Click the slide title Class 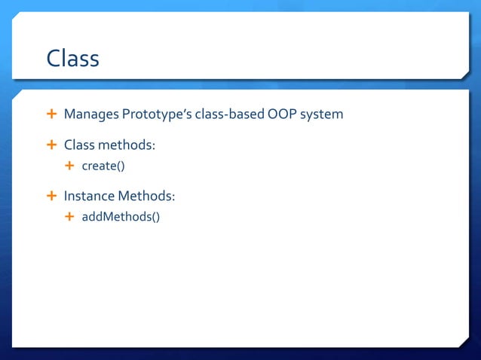click(72, 58)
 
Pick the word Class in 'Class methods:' click(78, 145)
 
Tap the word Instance click(88, 197)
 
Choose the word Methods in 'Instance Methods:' click(146, 197)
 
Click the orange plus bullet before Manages click(51, 114)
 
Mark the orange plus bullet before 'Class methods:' click(51, 145)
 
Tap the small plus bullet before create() click(70, 166)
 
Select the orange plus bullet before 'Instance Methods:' click(51, 197)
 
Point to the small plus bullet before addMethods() click(70, 218)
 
